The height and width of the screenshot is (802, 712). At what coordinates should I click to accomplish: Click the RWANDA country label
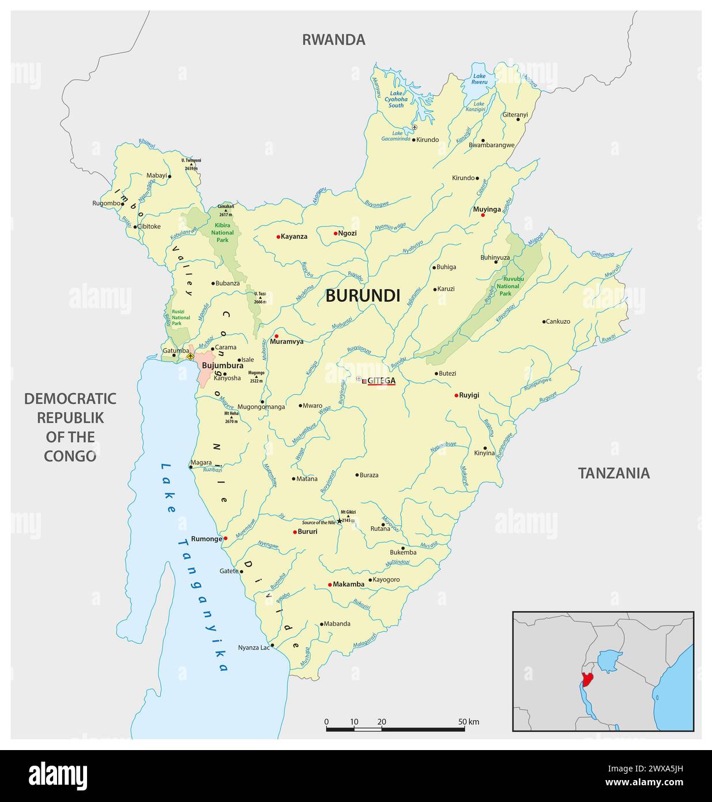click(x=334, y=39)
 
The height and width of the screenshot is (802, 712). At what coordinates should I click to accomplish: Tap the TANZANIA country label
click(x=613, y=473)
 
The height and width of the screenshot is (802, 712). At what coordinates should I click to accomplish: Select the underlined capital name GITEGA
click(x=382, y=380)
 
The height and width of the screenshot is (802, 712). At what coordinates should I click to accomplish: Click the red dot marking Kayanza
click(x=278, y=237)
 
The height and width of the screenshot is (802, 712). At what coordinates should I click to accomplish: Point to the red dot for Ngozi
click(x=336, y=234)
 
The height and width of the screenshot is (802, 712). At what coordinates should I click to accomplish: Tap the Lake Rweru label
click(x=479, y=79)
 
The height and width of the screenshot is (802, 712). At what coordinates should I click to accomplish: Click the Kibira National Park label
click(x=223, y=233)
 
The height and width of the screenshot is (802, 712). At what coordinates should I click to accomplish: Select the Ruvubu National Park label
click(x=507, y=286)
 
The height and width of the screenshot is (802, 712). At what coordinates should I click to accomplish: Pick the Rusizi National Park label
click(x=180, y=317)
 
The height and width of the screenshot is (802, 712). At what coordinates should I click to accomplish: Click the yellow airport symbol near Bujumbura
click(x=190, y=357)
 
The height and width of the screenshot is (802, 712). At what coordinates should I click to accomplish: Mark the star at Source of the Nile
click(x=339, y=521)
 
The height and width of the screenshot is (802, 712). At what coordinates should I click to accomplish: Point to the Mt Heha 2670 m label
click(x=231, y=417)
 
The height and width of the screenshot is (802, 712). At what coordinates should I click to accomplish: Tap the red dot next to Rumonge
click(x=225, y=538)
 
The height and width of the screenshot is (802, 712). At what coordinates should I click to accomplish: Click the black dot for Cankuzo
click(x=544, y=321)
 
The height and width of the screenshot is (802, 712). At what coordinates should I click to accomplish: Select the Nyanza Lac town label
click(x=254, y=647)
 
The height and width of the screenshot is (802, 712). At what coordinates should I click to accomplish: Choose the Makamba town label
click(x=348, y=584)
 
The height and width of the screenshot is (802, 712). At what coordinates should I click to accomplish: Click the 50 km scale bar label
click(x=469, y=722)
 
